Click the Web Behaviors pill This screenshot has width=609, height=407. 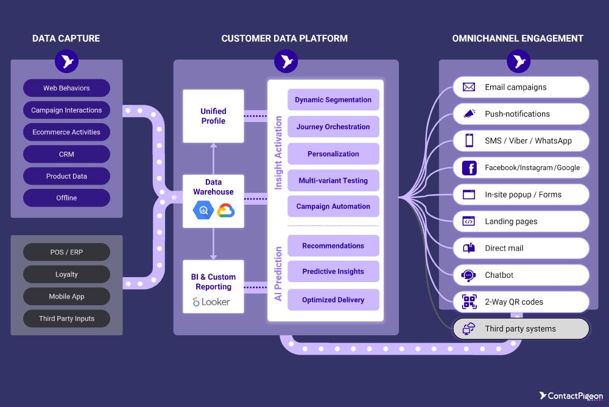coord(66,88)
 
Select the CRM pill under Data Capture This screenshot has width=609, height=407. coord(66,154)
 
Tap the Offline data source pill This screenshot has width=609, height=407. coord(66,198)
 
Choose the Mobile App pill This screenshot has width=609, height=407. coord(66,297)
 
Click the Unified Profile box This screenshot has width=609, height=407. coord(213,116)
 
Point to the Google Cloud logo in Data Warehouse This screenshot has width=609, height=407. coord(225,211)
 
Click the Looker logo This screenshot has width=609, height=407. coord(211,302)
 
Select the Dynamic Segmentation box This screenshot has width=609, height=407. coord(333,100)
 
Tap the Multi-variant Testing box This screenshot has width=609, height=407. coord(333,181)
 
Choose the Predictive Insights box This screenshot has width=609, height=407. coord(333,272)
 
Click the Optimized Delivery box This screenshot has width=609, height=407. coord(333,300)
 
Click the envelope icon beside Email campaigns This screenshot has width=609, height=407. coord(469,87)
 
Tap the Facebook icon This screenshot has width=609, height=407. coord(469,168)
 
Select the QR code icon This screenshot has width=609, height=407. coord(469,302)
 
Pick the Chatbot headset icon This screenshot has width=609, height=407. coord(469,275)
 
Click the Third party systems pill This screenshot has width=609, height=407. coord(521,329)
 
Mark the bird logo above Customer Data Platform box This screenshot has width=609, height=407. coord(286,62)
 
